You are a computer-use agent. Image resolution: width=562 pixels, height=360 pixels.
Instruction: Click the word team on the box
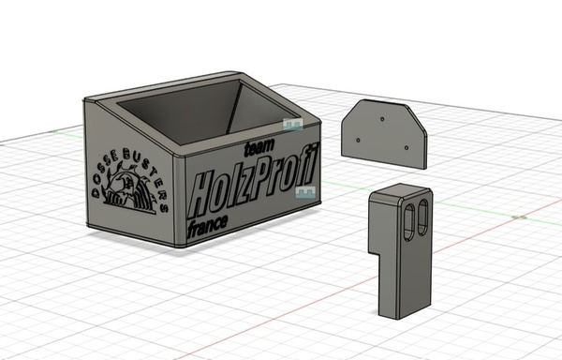[x=259, y=147]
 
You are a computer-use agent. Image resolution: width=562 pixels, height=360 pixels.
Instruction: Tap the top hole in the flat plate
[x=382, y=119]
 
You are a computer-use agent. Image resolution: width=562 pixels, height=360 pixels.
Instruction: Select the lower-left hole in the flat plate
[x=358, y=141]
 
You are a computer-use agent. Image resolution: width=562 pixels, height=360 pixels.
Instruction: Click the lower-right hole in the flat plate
[x=407, y=148]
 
